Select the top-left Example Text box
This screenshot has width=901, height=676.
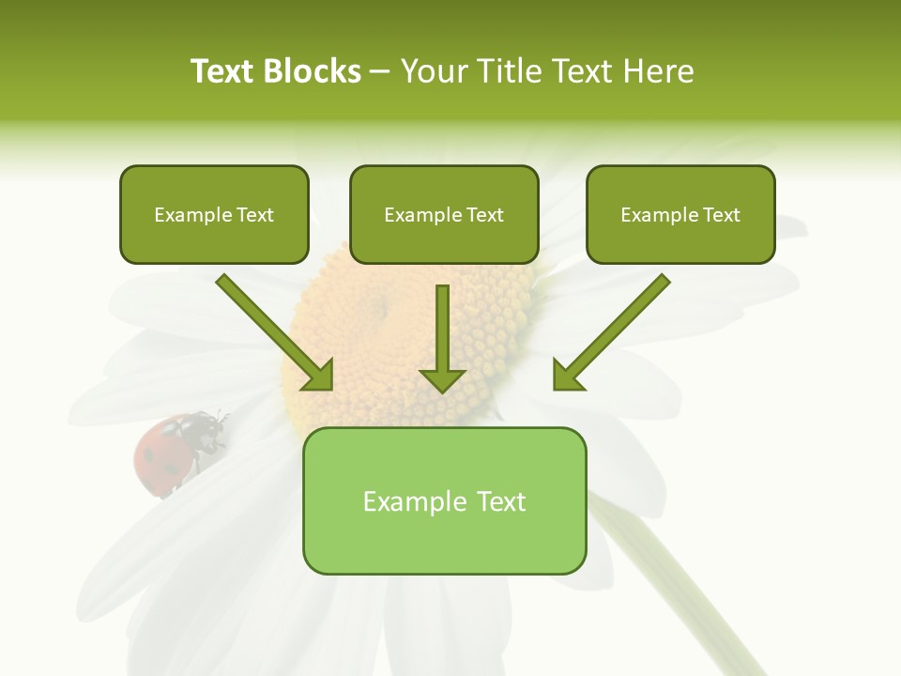[x=214, y=214]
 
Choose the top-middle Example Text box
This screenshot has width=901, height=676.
[x=444, y=214]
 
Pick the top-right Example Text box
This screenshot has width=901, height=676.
[x=680, y=214]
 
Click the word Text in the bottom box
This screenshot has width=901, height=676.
[x=496, y=501]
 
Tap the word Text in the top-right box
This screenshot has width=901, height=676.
[x=721, y=215]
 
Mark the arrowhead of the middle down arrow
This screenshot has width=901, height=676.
[x=442, y=377]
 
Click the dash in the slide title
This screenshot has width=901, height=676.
[x=380, y=71]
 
